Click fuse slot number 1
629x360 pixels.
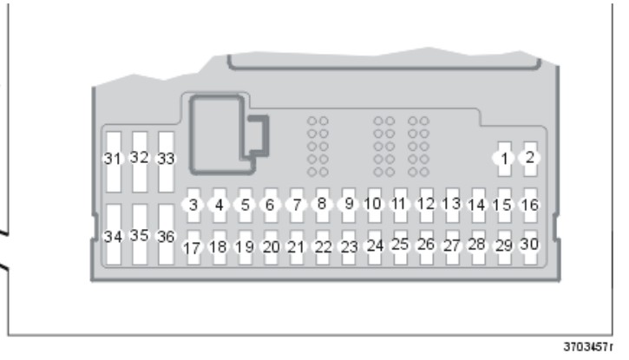505,159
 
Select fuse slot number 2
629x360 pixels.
530,159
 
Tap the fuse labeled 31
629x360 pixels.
114,162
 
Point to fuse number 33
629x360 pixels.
166,162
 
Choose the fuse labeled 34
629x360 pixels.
114,234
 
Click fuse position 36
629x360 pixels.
166,234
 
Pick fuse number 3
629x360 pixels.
193,206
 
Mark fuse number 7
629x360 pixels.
297,206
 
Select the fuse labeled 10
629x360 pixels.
374,206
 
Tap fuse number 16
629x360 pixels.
530,206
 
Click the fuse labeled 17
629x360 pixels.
193,247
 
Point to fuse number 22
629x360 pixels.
323,247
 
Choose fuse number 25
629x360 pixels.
400,247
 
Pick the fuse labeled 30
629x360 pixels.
530,247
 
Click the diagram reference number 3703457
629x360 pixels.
586,347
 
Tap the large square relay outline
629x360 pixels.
192,134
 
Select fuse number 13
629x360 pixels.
452,206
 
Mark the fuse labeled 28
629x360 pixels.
478,247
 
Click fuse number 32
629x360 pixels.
140,162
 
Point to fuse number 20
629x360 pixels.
271,247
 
